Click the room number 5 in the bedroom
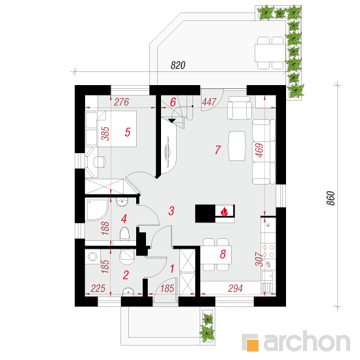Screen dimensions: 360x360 (128, 132)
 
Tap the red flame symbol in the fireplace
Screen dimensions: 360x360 (224, 211)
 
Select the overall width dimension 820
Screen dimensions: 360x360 (178, 65)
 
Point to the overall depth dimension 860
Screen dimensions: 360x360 (331, 198)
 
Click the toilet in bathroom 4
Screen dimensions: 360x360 (124, 234)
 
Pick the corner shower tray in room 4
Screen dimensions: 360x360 (97, 210)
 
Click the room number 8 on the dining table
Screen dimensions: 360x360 (223, 254)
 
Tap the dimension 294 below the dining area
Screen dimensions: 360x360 (236, 289)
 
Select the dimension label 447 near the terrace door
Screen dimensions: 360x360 (209, 102)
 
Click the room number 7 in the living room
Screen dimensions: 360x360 (218, 150)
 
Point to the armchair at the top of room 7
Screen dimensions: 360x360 (239, 108)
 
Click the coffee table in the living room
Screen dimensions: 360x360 (237, 146)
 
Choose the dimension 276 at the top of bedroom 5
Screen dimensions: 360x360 (122, 102)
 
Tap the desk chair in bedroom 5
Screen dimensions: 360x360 (99, 162)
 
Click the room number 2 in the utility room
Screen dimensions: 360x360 (126, 275)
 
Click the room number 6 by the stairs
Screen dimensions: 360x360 (173, 102)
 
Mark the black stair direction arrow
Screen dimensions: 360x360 (171, 121)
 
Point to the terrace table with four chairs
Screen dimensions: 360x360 (270, 53)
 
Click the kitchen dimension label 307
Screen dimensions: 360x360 (259, 259)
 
